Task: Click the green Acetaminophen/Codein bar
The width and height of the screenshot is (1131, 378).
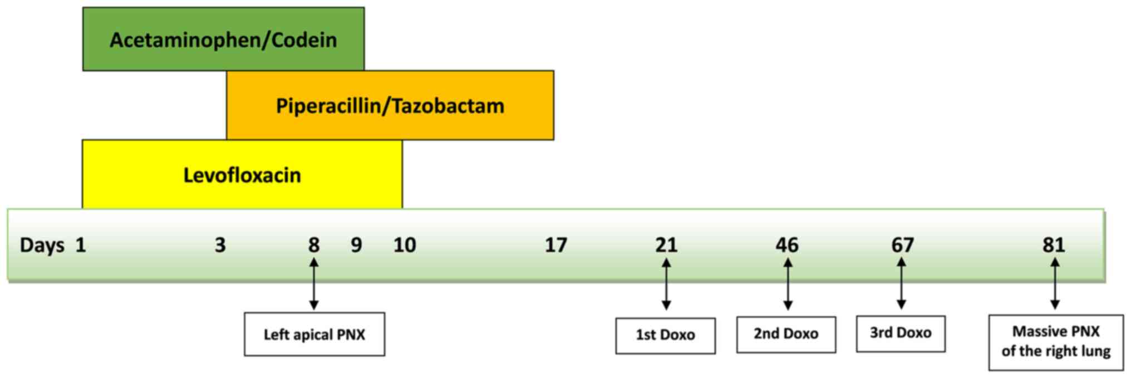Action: tap(223, 40)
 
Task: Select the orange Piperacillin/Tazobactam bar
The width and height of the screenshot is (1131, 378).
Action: tap(390, 105)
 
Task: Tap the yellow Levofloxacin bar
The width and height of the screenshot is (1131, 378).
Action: tap(242, 175)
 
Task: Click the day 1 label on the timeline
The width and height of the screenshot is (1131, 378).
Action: tap(81, 245)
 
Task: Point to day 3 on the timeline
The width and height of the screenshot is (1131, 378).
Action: tap(220, 245)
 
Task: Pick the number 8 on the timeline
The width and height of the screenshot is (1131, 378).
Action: tap(314, 245)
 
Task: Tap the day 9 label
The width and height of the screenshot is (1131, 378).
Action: tap(356, 245)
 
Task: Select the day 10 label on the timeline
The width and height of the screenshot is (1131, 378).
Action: tap(405, 245)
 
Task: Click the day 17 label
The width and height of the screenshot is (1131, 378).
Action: tap(556, 245)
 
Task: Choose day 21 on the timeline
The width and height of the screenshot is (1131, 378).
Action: tap(666, 245)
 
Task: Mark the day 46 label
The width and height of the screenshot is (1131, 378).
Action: tap(787, 245)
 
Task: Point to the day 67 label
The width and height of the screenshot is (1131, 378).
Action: tap(902, 245)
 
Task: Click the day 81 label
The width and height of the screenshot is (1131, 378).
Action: tap(1054, 245)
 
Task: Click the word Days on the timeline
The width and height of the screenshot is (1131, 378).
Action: tap(42, 245)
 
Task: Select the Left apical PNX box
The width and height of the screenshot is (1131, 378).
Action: tap(314, 335)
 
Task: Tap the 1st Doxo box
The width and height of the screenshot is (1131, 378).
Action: tap(665, 335)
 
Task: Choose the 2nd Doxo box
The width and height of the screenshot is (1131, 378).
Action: tap(786, 334)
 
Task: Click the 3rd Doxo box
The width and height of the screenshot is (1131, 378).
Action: tap(901, 333)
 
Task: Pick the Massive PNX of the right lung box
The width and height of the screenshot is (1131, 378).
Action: tap(1056, 342)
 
